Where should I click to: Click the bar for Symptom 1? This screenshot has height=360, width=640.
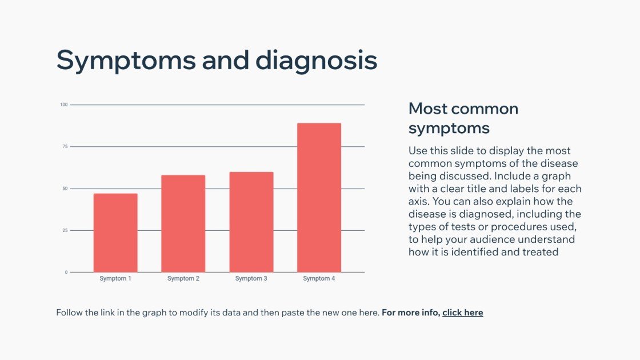point(115,233)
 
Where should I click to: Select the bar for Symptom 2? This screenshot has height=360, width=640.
point(183,223)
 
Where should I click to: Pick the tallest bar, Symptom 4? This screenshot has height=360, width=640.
point(319,197)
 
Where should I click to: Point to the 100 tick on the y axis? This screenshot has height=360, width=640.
point(64,105)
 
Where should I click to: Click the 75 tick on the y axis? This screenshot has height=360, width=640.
point(65,147)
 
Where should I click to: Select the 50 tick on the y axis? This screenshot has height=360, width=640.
point(65,189)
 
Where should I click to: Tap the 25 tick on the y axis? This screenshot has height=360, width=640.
point(65,230)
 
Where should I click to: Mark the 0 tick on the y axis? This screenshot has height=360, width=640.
point(66,273)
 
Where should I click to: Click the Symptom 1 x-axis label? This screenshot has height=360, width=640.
point(115,279)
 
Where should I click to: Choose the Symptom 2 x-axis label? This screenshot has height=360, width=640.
point(183,279)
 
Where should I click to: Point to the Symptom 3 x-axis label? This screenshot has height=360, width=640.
point(251,279)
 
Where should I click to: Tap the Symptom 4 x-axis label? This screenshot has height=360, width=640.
point(319,279)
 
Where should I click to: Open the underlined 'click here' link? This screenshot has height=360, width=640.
point(462,313)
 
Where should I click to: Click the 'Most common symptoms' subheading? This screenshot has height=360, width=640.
point(463,118)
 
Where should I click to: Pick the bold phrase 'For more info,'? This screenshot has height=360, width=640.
point(411,313)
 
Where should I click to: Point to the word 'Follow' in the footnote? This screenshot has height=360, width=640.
point(69,313)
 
